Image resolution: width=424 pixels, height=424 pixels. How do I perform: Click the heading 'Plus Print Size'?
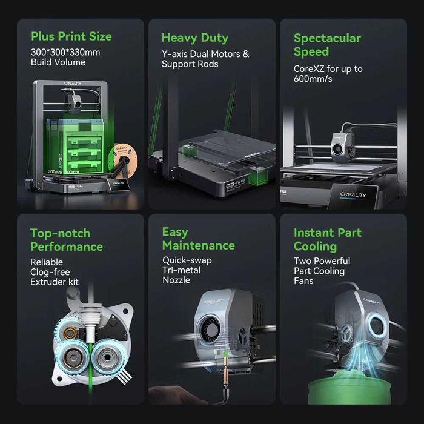71,36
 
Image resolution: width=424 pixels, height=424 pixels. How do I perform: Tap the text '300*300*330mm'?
65,52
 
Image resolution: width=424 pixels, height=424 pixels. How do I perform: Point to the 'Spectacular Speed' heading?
327,45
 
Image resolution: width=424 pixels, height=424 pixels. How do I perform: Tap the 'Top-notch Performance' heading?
66,240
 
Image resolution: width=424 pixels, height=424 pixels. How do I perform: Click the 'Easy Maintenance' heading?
197,239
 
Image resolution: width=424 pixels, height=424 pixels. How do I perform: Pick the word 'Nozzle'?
176,280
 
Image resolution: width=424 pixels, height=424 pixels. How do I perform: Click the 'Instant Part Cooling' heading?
327,239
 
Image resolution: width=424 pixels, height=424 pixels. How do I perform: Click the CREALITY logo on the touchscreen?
353,195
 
